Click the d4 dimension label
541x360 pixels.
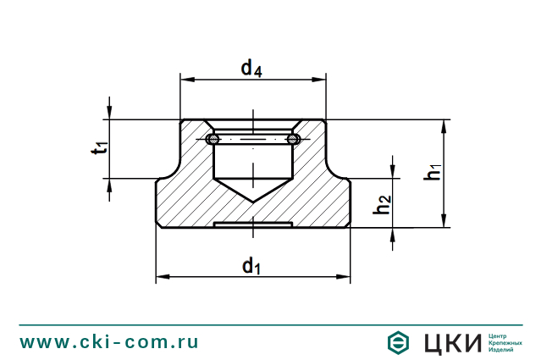pyautogui.click(x=251, y=69)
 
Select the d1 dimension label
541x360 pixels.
pyautogui.click(x=251, y=267)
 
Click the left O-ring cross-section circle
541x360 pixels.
pyautogui.click(x=214, y=139)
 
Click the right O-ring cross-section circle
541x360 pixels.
pyautogui.click(x=293, y=139)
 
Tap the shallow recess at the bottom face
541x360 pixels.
pyautogui.click(x=253, y=225)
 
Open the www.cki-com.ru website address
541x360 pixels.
pyautogui.click(x=110, y=341)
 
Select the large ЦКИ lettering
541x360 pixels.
pyautogui.click(x=448, y=342)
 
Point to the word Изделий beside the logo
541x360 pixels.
pyautogui.click(x=502, y=349)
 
